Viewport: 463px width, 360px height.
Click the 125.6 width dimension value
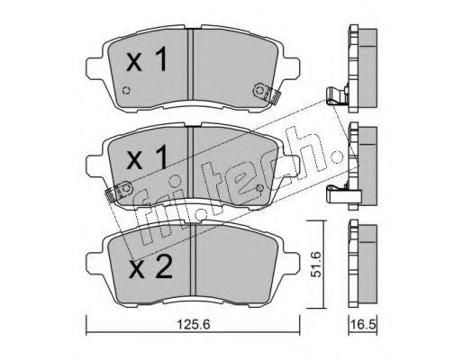click(193, 324)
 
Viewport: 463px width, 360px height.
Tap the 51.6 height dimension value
click(315, 265)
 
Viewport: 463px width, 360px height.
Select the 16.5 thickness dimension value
click(363, 324)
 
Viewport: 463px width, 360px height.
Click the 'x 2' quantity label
click(150, 266)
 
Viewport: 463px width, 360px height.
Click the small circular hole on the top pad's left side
click(127, 90)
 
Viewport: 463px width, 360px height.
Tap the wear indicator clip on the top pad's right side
click(266, 93)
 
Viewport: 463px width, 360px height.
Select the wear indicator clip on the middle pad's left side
click(119, 191)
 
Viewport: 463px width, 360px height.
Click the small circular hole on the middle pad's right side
click(260, 188)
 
